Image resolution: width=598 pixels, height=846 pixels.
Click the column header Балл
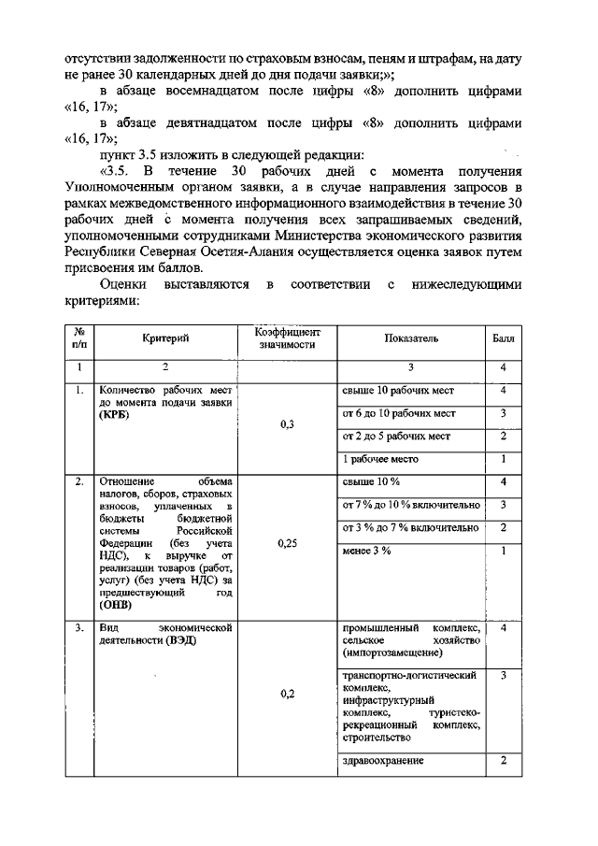pyautogui.click(x=503, y=338)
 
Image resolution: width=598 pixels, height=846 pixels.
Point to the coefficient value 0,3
pyautogui.click(x=287, y=424)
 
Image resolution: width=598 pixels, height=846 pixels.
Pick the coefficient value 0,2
pyautogui.click(x=287, y=694)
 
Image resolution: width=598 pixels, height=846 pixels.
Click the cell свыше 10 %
pyautogui.click(x=372, y=481)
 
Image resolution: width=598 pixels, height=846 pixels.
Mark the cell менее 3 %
pyautogui.click(x=367, y=551)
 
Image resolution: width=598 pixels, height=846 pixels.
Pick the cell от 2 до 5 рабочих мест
pyautogui.click(x=397, y=436)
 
